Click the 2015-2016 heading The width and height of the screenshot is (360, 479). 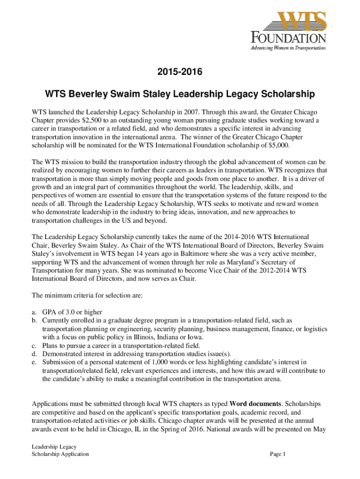click(x=180, y=73)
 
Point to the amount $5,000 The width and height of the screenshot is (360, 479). click(x=279, y=145)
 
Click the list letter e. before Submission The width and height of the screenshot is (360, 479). click(x=34, y=362)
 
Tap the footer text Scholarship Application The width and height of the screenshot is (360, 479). click(x=60, y=454)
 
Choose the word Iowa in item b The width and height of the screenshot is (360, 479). click(x=194, y=337)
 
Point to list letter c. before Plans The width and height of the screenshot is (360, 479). click(x=34, y=345)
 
